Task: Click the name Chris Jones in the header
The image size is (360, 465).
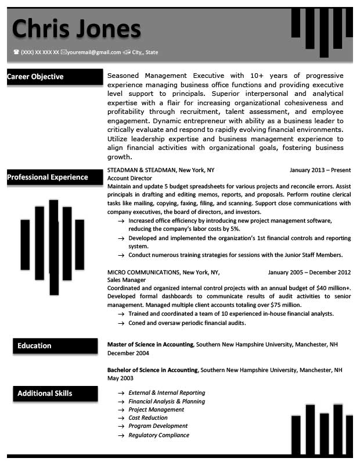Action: [x=77, y=28]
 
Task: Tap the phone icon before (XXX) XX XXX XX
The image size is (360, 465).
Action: [x=16, y=52]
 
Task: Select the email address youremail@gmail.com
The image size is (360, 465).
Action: [x=93, y=52]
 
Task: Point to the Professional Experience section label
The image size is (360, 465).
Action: [x=48, y=177]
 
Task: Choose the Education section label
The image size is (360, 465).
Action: [x=34, y=346]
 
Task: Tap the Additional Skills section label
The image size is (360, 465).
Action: [x=45, y=394]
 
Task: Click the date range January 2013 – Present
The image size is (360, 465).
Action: [x=320, y=170]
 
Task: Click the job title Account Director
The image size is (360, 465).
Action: [x=126, y=178]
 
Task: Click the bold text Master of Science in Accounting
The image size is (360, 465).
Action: [x=150, y=345]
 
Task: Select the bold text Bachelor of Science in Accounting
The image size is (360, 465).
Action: [x=153, y=370]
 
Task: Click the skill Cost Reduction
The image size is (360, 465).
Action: [x=148, y=418]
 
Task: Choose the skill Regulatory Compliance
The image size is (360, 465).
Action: [x=159, y=435]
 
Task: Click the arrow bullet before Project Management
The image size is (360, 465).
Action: [x=121, y=410]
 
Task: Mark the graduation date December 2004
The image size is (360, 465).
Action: [x=128, y=353]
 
